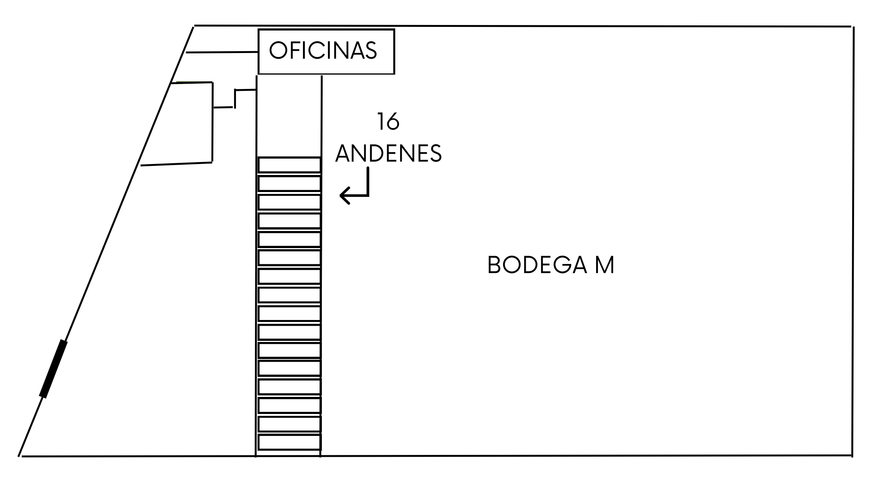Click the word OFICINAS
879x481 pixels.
pos(323,50)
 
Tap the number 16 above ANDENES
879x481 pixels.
pos(388,122)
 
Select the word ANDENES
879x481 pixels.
pos(388,153)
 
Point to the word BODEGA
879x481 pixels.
pos(537,265)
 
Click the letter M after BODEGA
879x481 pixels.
pos(604,265)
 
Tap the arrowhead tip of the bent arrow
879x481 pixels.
pos(340,195)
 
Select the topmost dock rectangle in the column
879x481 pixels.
pos(289,165)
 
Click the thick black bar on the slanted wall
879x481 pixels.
pos(53,369)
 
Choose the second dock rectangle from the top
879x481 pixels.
pos(289,183)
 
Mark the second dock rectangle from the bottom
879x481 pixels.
pos(289,424)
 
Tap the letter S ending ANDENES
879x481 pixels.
pos(436,153)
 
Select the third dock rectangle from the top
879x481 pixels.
pos(289,202)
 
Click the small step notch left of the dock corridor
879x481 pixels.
pos(235,98)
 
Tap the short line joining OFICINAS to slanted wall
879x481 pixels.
pos(222,52)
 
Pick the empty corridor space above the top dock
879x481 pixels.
pos(289,116)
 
